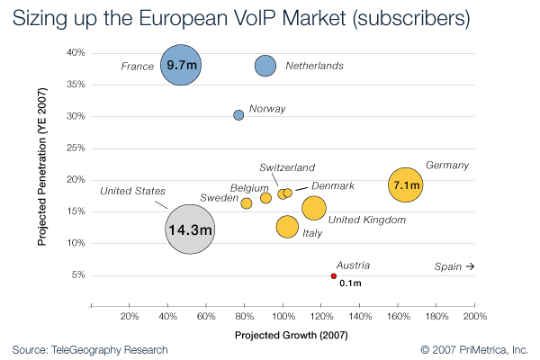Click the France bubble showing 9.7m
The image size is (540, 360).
(181, 65)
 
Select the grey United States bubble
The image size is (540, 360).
(190, 229)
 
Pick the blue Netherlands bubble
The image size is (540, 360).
(265, 66)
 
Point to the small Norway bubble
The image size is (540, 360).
(238, 115)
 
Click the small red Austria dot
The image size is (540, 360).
(334, 275)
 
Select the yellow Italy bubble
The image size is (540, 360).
(287, 226)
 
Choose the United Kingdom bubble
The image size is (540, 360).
(313, 208)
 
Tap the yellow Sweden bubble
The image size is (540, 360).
(247, 203)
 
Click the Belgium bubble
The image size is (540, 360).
(265, 198)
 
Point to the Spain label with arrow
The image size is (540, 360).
(454, 267)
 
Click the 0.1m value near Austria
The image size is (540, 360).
(350, 283)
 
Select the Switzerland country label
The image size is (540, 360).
(287, 167)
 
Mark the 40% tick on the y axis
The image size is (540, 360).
(76, 53)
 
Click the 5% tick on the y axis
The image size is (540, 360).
(77, 275)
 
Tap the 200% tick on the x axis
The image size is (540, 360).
(475, 317)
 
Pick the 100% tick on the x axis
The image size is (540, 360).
(283, 317)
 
